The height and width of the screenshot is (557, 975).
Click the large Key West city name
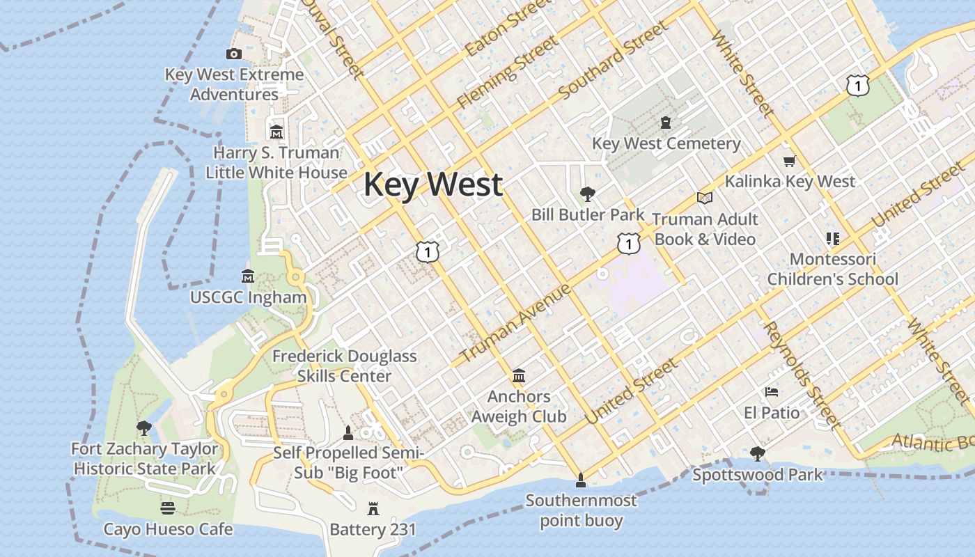click(432, 185)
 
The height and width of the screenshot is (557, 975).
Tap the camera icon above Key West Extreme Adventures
click(234, 54)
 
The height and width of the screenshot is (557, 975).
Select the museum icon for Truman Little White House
click(276, 132)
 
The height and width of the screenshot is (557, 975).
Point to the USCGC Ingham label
click(249, 297)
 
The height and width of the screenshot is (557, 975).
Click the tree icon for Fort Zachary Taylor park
click(144, 427)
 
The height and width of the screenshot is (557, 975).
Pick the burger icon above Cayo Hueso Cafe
click(168, 508)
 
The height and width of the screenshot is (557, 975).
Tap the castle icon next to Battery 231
click(373, 509)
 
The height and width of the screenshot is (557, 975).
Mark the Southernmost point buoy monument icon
click(580, 480)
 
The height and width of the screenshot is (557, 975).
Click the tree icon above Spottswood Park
click(758, 454)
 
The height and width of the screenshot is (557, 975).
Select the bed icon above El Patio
click(772, 391)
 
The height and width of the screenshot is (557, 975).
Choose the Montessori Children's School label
click(832, 269)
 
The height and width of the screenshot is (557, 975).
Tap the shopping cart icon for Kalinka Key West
click(789, 161)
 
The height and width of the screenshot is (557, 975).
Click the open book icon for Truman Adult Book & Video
click(705, 198)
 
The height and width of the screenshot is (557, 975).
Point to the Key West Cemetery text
click(666, 143)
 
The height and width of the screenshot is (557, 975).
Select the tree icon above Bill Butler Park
click(588, 194)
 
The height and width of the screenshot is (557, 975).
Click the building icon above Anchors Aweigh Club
click(519, 376)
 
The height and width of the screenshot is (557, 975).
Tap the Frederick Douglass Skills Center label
click(344, 366)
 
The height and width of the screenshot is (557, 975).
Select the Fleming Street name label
click(507, 73)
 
